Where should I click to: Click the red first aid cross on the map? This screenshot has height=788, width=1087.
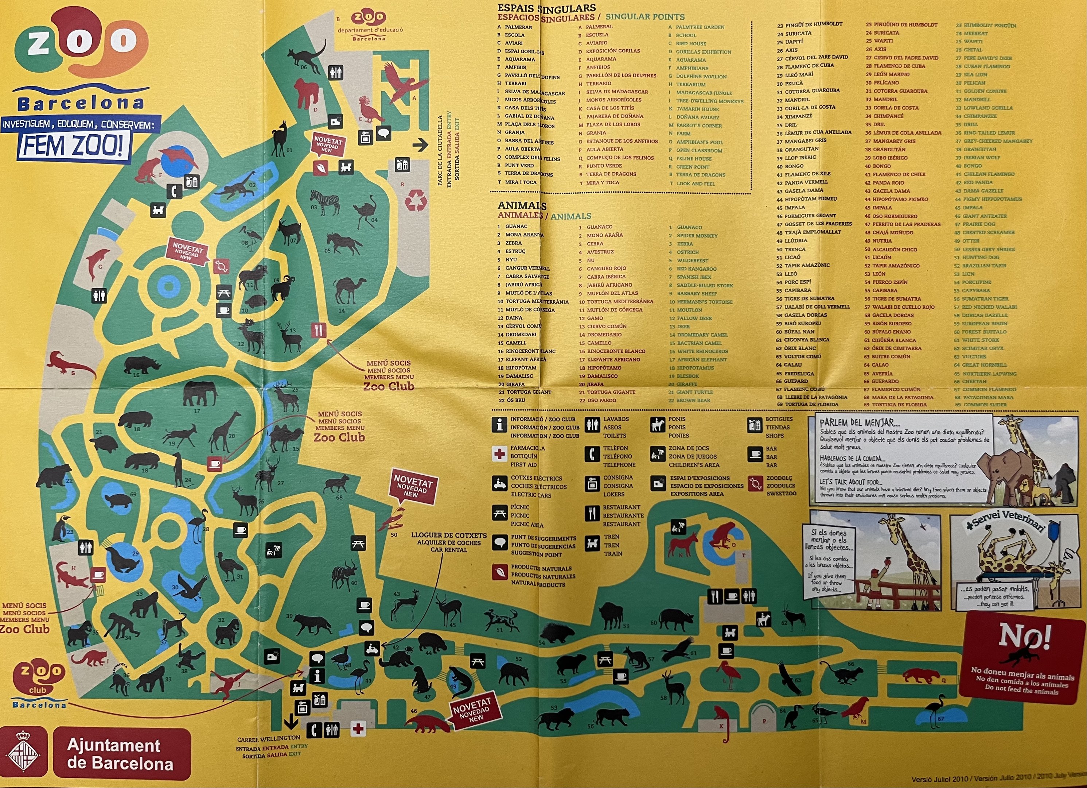pyautogui.click(x=358, y=729)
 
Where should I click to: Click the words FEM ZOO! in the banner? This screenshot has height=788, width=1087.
pyautogui.click(x=74, y=145)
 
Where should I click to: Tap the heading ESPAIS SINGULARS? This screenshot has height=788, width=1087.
pyautogui.click(x=546, y=8)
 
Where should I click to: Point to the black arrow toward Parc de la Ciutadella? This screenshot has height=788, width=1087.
pyautogui.click(x=420, y=145)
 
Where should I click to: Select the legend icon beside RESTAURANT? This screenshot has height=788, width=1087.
pyautogui.click(x=592, y=514)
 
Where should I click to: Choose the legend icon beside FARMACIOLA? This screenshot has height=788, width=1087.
pyautogui.click(x=499, y=454)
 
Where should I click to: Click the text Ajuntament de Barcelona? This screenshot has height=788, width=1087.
pyautogui.click(x=120, y=753)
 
